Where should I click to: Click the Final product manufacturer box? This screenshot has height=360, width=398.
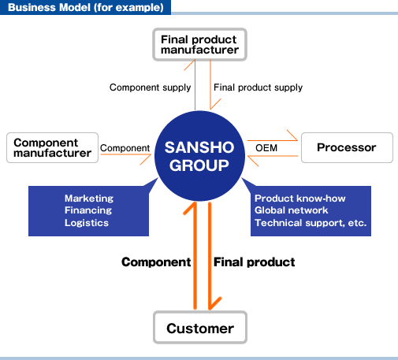199,45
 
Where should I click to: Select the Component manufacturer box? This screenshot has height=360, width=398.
52,148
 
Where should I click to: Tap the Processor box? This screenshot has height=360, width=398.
347,148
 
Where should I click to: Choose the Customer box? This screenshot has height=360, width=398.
200,328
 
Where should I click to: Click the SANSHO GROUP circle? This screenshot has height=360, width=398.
199,156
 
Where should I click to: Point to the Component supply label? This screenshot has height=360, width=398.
150,87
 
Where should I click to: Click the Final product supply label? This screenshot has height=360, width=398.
258,87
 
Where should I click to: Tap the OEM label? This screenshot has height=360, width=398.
266,148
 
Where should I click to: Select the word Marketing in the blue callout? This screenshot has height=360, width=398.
89,199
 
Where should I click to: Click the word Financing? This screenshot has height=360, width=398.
88,210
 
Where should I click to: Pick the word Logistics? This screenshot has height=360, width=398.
87,223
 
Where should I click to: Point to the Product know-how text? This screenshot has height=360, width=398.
300,199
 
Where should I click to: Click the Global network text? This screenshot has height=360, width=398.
292,210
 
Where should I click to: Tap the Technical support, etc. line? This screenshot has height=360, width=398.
311,223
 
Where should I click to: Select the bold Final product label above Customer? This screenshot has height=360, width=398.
254,262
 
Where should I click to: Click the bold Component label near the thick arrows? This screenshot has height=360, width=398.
156,262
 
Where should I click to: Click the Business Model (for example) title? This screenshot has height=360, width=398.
86,7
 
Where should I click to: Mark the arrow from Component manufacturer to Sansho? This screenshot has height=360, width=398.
125,154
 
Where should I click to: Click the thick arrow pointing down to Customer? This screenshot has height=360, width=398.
210,256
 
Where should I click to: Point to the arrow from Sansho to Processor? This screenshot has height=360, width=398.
273,141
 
